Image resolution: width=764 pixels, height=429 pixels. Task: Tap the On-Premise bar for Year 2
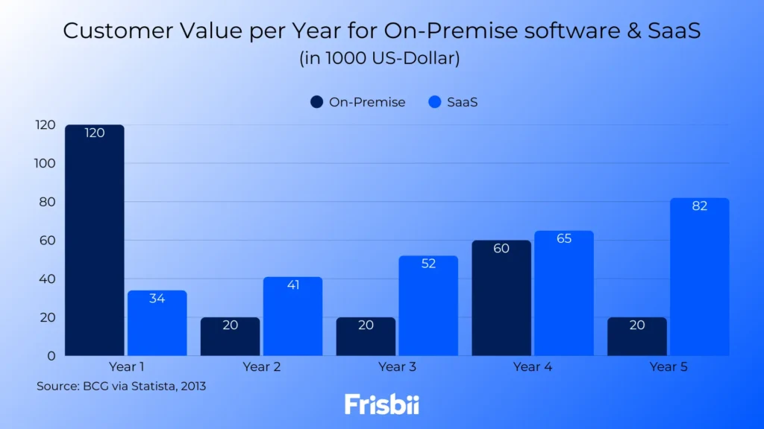pyautogui.click(x=230, y=337)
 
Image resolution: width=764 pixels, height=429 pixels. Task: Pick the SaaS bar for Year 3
pyautogui.click(x=428, y=305)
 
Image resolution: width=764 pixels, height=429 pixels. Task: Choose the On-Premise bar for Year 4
pyautogui.click(x=501, y=298)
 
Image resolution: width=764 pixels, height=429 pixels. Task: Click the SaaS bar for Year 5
pyautogui.click(x=699, y=276)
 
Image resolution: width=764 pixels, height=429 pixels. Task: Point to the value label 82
pyautogui.click(x=699, y=206)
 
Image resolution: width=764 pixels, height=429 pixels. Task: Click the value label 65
pyautogui.click(x=563, y=239)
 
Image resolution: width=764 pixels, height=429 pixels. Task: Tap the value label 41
pyautogui.click(x=292, y=285)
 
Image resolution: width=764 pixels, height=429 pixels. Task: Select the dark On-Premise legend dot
pyautogui.click(x=316, y=102)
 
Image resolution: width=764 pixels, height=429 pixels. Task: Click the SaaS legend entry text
pyautogui.click(x=462, y=102)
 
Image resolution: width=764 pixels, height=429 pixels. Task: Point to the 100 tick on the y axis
pyautogui.click(x=45, y=163)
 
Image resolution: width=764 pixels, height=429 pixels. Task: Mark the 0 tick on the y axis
pyautogui.click(x=51, y=355)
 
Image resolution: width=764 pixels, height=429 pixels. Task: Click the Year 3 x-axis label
pyautogui.click(x=397, y=366)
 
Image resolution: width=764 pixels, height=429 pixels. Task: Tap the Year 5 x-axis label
pyautogui.click(x=668, y=366)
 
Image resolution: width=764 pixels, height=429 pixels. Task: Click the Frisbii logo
pyautogui.click(x=382, y=404)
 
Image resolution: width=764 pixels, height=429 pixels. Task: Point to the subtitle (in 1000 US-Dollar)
pyautogui.click(x=380, y=58)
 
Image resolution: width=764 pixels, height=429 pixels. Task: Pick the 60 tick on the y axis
pyautogui.click(x=48, y=240)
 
